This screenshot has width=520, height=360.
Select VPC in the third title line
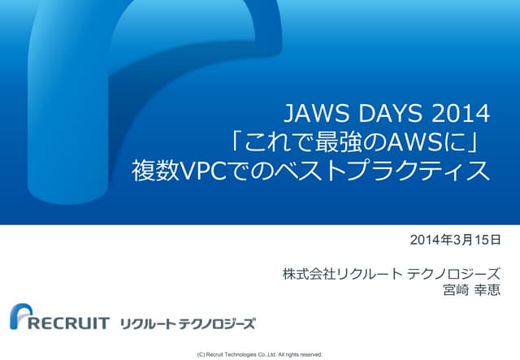tap(206, 171)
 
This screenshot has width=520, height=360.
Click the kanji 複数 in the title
tap(154, 171)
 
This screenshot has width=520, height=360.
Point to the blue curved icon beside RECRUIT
tap(20, 318)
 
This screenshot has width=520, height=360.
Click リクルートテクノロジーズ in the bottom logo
tap(187, 323)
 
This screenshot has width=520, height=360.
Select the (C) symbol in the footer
tap(201, 354)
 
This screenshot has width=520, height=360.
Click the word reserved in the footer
tap(309, 354)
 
